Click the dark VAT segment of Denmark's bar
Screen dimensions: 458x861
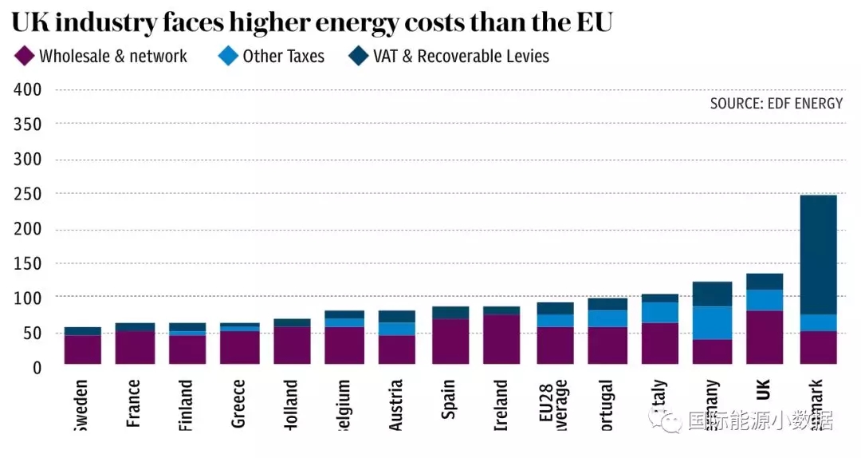pos(818,255)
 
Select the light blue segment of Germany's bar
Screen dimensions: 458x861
pos(713,323)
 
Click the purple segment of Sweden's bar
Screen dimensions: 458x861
pos(83,349)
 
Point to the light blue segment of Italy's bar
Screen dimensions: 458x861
pos(660,313)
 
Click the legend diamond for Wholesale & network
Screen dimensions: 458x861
pos(25,56)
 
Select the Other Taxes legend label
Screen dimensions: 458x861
pos(283,56)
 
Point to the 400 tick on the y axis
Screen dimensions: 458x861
pos(28,89)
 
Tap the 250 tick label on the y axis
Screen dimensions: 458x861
pos(28,194)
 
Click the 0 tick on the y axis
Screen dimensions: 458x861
pos(37,367)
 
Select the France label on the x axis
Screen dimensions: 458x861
pos(134,403)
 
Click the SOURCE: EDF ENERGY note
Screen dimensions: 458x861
pos(776,104)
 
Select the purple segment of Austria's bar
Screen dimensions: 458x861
pos(397,349)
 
